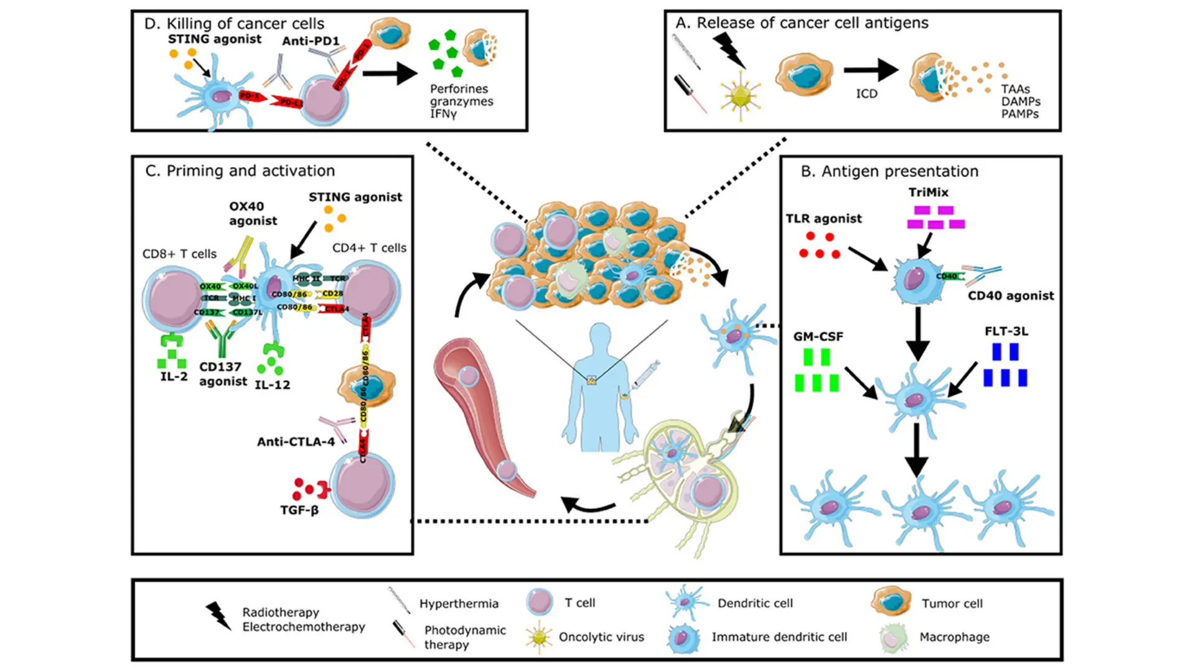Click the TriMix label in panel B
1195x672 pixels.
coord(928,192)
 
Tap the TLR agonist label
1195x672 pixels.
coord(823,218)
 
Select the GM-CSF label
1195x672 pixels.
coord(818,337)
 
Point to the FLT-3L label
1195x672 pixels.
coord(1006,331)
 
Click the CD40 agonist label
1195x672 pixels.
coord(1011,296)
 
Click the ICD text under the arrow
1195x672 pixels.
coord(866,94)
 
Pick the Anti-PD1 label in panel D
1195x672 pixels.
coord(311,41)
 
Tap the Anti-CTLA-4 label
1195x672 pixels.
coord(296,442)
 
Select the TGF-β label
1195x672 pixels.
coord(299,510)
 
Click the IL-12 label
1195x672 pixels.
coord(273,385)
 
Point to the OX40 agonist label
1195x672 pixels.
coord(253,213)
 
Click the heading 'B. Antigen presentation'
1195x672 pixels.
coord(889,171)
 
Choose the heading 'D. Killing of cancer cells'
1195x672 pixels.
coord(234,24)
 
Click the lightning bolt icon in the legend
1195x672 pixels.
coord(218,615)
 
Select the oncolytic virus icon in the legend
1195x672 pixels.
coord(538,637)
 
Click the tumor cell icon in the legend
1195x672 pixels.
coord(891,602)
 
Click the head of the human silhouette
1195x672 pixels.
coord(600,337)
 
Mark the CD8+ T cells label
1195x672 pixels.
coord(179,254)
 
